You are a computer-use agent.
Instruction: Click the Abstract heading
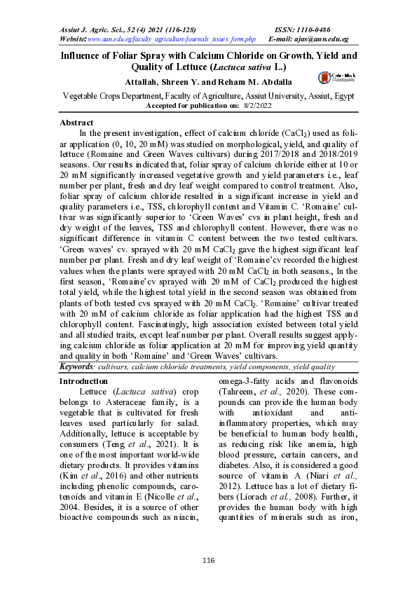[x=77, y=123]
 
